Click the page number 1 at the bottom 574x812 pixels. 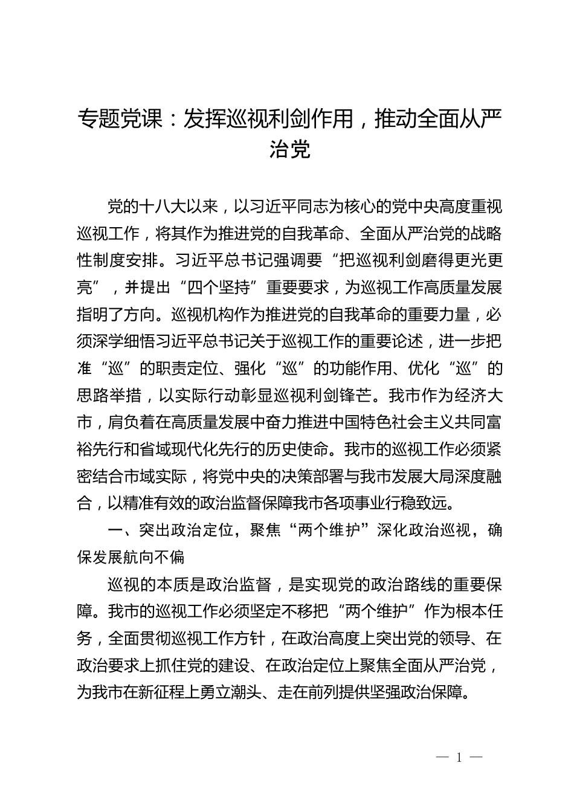(460, 758)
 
